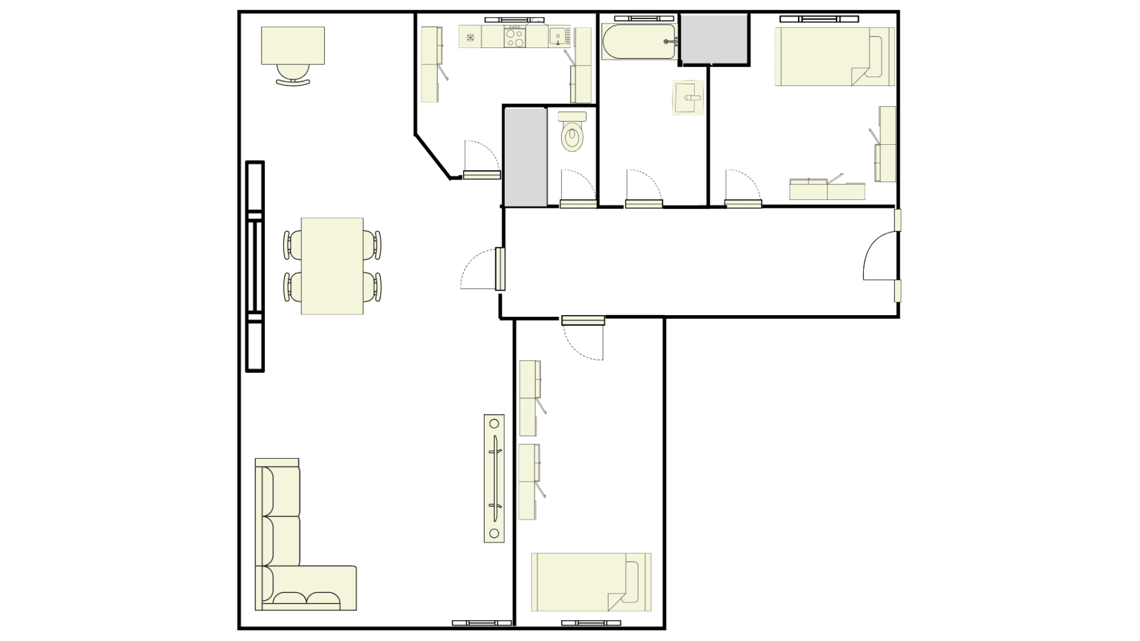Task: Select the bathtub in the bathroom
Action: coord(640,42)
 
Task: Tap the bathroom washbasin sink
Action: coord(688,98)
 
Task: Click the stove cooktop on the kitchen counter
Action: coord(514,37)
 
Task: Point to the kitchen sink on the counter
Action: coord(559,37)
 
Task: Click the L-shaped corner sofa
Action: coord(285,557)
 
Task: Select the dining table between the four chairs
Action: coord(332,266)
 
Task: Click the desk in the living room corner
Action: coord(293,45)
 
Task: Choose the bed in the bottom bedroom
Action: coord(591,582)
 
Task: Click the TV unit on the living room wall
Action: coord(494,478)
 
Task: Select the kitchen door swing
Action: coord(481,158)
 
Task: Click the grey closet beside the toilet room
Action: coord(525,156)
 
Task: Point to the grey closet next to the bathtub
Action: coord(714,39)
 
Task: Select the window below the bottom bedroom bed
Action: coord(591,623)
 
